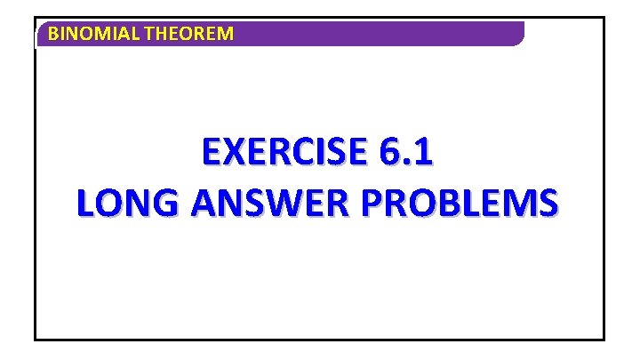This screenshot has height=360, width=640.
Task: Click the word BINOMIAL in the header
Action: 84,35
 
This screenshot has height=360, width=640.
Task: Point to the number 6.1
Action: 406,153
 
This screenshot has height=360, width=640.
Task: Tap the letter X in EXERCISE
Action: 232,153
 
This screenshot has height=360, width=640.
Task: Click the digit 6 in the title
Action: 389,153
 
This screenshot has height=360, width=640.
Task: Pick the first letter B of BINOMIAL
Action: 53,35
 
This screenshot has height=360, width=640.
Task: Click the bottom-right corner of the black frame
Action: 603,339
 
